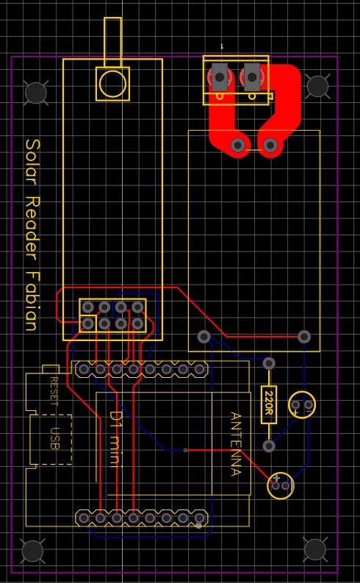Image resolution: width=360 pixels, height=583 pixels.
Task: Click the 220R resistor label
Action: click(x=269, y=405)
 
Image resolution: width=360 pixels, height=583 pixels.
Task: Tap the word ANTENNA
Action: click(x=236, y=444)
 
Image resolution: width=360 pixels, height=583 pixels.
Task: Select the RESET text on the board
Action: click(x=54, y=392)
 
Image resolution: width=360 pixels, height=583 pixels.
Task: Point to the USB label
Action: click(x=54, y=439)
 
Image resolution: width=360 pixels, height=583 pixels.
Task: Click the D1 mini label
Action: click(x=115, y=439)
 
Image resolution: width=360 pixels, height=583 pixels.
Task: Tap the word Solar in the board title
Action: click(x=32, y=164)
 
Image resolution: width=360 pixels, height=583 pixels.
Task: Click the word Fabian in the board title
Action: click(x=32, y=301)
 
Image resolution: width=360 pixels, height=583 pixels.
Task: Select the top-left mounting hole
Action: click(x=36, y=93)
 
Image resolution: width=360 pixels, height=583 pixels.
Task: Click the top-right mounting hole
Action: click(x=317, y=86)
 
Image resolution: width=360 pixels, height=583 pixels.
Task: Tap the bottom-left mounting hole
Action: click(x=32, y=551)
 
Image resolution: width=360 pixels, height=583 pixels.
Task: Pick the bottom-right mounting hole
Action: click(x=315, y=548)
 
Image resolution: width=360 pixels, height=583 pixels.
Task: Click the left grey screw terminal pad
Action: click(x=220, y=77)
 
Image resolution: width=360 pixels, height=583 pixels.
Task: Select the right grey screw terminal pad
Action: click(x=252, y=77)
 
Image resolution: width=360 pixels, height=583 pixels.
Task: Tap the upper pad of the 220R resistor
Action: click(x=269, y=363)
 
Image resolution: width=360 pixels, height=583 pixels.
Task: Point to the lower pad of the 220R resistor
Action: click(x=269, y=446)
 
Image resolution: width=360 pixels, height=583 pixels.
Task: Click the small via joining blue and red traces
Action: click(x=185, y=450)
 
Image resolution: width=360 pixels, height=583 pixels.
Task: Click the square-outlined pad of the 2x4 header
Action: click(x=88, y=323)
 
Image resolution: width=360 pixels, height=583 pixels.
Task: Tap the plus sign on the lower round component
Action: click(x=276, y=479)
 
